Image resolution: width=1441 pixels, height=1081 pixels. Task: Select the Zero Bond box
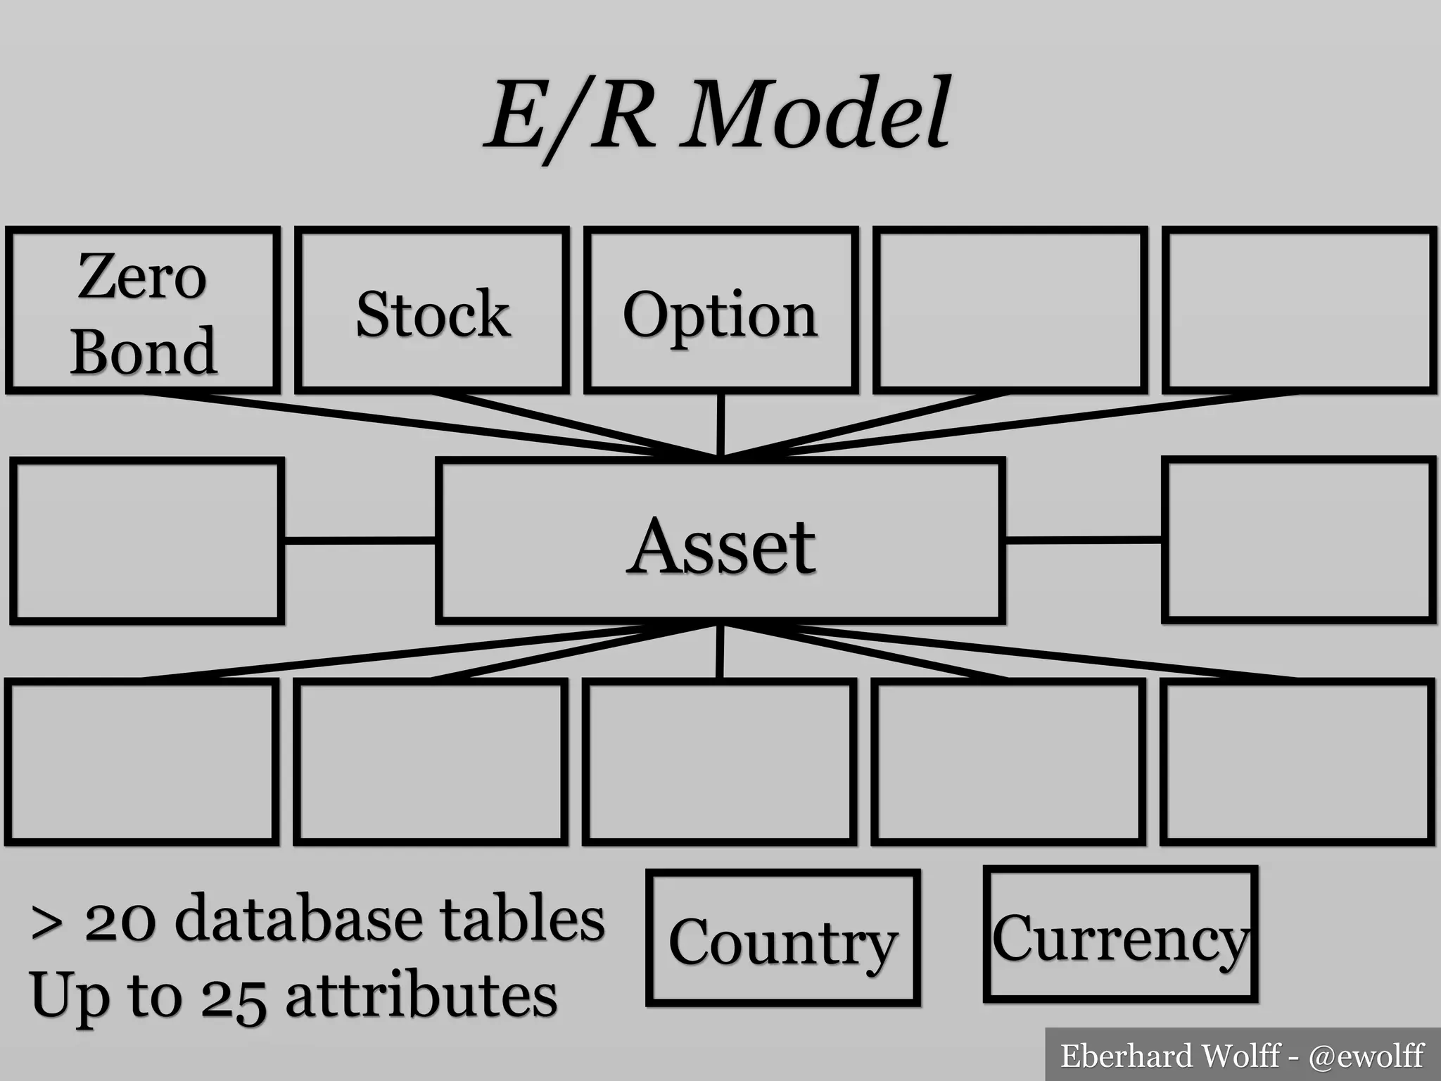tap(143, 310)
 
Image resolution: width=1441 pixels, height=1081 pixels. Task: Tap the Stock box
tap(432, 310)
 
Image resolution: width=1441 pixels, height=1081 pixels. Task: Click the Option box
tap(720, 310)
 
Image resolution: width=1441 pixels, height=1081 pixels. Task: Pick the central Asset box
tap(720, 542)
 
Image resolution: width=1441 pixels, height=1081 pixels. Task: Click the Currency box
tap(1120, 934)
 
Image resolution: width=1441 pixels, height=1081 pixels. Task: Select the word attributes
tap(421, 996)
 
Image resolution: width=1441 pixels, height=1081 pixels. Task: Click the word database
tap(298, 919)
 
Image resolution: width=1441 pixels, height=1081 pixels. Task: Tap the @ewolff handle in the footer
tap(1366, 1056)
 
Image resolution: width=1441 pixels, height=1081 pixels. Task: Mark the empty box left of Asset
tap(147, 540)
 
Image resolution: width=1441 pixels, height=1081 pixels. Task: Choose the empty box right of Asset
tap(1298, 539)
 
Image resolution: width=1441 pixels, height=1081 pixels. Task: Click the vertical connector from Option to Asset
tap(720, 424)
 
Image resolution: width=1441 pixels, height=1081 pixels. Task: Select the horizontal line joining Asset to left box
tap(360, 540)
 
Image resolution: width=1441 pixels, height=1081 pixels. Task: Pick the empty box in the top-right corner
tap(1298, 310)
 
